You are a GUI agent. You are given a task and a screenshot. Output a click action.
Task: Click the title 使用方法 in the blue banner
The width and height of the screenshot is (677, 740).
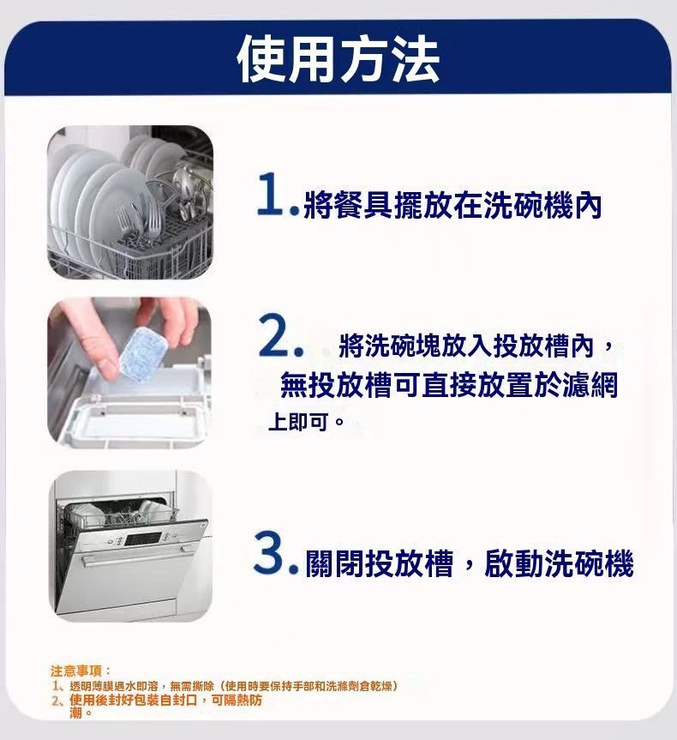point(338,59)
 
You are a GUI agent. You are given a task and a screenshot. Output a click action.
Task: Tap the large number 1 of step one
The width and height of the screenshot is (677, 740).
point(270,194)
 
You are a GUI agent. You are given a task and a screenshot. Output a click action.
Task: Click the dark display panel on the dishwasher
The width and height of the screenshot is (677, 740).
point(143,538)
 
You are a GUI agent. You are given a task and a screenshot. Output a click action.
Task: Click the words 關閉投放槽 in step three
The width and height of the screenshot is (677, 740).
point(380,563)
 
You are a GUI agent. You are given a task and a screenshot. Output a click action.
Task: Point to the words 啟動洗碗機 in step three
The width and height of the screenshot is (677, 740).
point(559,563)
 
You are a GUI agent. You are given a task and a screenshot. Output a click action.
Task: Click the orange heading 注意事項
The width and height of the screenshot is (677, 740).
point(76,671)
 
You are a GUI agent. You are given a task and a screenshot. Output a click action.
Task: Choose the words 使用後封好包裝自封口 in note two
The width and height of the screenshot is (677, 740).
point(133,700)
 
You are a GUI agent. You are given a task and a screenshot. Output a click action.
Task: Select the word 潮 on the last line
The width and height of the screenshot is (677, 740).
point(75,713)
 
